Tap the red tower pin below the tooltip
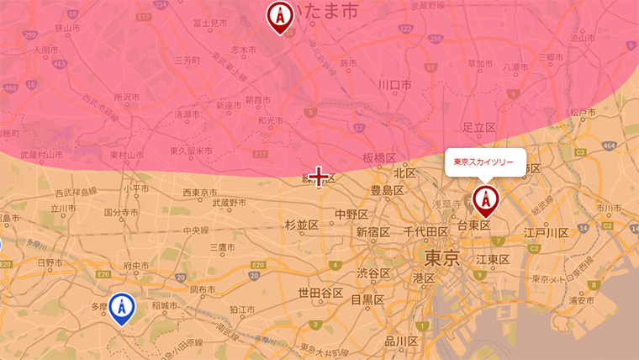(x=485, y=200)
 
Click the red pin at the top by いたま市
(x=280, y=15)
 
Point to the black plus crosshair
(x=319, y=177)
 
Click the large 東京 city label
(x=441, y=257)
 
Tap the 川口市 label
(x=394, y=85)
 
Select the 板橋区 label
(x=379, y=158)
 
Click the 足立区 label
(x=480, y=127)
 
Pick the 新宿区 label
(x=372, y=232)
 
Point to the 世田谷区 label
(x=320, y=294)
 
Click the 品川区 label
(x=401, y=341)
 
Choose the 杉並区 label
(x=301, y=225)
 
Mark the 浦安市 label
(x=581, y=300)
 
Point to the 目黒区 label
(x=367, y=299)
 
